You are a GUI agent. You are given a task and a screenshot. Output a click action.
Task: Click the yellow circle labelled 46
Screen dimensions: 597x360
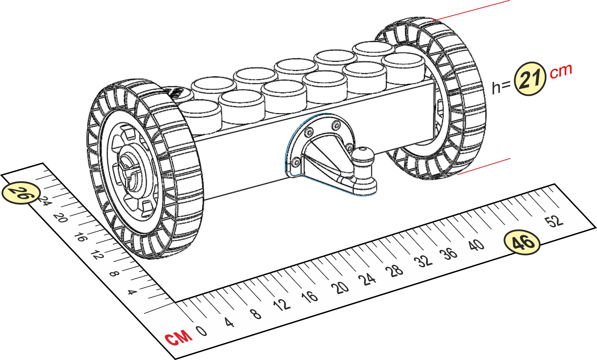pyautogui.click(x=522, y=242)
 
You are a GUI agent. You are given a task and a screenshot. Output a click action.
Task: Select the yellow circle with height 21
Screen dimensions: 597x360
pyautogui.click(x=530, y=79)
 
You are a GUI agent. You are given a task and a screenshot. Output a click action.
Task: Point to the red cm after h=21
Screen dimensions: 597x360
pyautogui.click(x=561, y=71)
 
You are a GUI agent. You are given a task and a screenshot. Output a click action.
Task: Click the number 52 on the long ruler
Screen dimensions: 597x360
pyautogui.click(x=555, y=220)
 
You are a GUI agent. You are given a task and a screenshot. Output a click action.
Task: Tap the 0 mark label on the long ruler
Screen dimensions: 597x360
pyautogui.click(x=202, y=331)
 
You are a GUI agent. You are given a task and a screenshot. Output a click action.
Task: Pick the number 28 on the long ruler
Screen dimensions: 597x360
pyautogui.click(x=396, y=271)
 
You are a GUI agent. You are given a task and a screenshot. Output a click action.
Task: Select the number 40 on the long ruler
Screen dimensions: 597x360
pyautogui.click(x=476, y=245)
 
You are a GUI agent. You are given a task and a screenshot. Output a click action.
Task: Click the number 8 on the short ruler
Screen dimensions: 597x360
pyautogui.click(x=114, y=274)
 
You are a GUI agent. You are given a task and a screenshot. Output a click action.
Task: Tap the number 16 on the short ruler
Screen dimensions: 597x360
pyautogui.click(x=80, y=237)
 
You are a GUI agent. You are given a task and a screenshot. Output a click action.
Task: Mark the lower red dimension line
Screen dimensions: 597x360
pyautogui.click(x=484, y=166)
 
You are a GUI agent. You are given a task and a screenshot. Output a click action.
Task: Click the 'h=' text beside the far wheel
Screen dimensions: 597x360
pyautogui.click(x=501, y=87)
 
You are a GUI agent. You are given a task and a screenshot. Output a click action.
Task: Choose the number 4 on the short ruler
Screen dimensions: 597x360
pyautogui.click(x=132, y=293)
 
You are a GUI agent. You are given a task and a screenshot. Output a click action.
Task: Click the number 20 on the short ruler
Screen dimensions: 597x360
pyautogui.click(x=61, y=218)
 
